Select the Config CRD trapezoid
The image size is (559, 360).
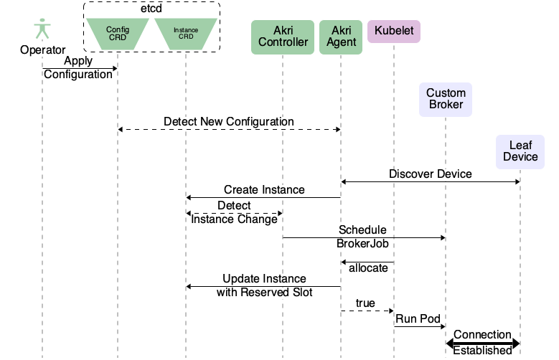click(x=117, y=34)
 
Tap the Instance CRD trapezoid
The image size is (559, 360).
click(x=186, y=34)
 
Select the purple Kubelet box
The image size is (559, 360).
click(x=393, y=31)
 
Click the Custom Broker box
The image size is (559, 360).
click(x=446, y=98)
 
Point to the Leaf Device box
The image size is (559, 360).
click(x=520, y=151)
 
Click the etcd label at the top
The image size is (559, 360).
click(x=151, y=9)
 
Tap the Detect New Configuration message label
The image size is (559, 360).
click(x=228, y=121)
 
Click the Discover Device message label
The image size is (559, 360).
click(x=430, y=174)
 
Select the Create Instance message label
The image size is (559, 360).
click(x=263, y=190)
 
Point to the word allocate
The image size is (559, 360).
click(x=368, y=268)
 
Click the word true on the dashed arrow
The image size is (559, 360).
click(x=365, y=303)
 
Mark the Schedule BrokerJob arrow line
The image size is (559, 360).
click(x=364, y=237)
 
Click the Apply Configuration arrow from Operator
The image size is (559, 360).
click(x=79, y=68)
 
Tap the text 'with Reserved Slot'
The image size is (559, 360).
click(x=264, y=293)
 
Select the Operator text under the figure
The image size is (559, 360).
click(x=42, y=50)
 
